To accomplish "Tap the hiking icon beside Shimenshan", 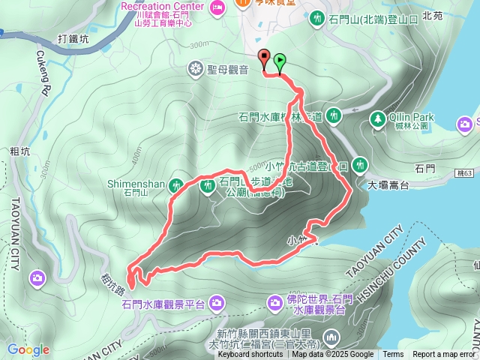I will coord(177,184).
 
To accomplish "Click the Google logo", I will coord(28,349).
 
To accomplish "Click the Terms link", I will coord(393,355).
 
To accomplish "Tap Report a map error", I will coord(444,355).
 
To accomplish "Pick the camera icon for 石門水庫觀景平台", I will coord(216,303).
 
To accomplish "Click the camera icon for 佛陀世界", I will coord(275,302).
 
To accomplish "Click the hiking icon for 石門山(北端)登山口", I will coord(317,17).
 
